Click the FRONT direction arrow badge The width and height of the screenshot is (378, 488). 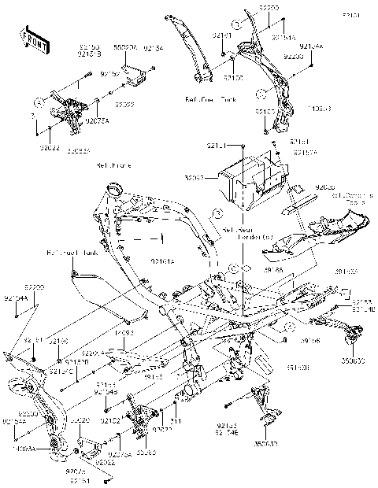coord(31,37)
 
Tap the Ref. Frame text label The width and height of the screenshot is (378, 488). coord(113,166)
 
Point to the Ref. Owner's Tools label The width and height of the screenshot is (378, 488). coord(351,199)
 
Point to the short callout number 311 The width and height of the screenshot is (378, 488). coord(176,422)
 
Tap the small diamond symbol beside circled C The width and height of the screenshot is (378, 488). coord(247,269)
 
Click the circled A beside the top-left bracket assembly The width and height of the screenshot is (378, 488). coord(38,102)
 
